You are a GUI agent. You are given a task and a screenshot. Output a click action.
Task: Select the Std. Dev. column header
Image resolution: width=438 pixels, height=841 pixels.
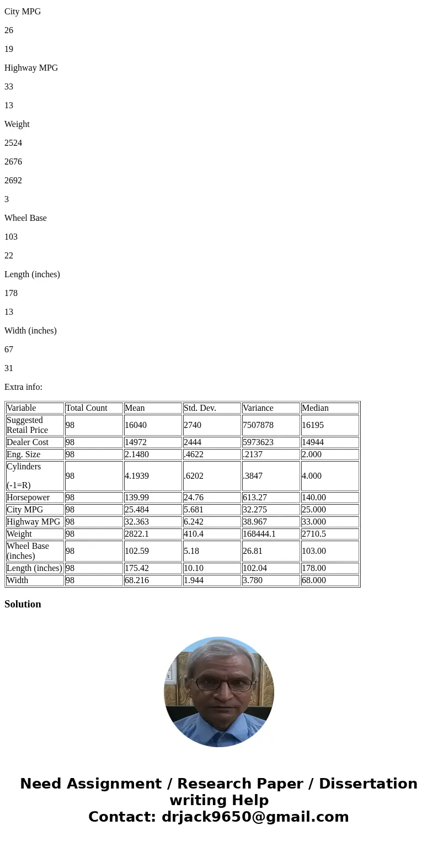(200, 408)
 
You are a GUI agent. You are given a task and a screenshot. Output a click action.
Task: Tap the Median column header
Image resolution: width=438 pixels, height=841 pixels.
(315, 408)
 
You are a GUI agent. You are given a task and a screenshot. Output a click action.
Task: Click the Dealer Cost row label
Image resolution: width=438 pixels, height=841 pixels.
(28, 442)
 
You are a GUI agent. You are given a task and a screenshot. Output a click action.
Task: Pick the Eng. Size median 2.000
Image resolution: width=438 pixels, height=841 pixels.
(312, 454)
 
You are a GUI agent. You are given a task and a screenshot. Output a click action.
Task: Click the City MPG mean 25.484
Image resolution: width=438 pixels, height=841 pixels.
(137, 510)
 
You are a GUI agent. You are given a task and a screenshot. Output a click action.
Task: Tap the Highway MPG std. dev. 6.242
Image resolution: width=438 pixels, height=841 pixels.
(194, 522)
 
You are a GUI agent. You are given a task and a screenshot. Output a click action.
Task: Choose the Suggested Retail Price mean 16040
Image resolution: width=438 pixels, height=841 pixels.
(136, 425)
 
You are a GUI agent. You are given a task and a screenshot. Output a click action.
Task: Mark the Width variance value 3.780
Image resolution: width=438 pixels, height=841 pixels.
(253, 580)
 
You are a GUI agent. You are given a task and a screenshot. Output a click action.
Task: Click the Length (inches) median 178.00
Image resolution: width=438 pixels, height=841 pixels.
(314, 568)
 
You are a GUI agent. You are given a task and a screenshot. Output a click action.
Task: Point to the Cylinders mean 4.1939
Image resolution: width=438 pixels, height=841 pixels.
(137, 476)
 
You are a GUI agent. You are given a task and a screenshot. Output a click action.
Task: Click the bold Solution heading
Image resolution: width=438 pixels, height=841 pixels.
(23, 604)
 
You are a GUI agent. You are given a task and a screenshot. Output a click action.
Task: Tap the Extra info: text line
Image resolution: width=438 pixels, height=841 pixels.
(23, 387)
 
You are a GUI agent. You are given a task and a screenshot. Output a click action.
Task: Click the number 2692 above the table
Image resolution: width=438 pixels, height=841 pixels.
(13, 181)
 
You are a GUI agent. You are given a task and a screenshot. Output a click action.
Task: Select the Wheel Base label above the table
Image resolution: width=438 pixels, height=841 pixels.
(25, 218)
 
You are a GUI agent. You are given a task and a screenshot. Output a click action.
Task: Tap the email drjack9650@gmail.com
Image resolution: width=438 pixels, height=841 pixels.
(255, 817)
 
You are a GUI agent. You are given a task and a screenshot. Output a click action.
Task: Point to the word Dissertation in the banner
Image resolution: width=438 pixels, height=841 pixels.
(368, 784)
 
